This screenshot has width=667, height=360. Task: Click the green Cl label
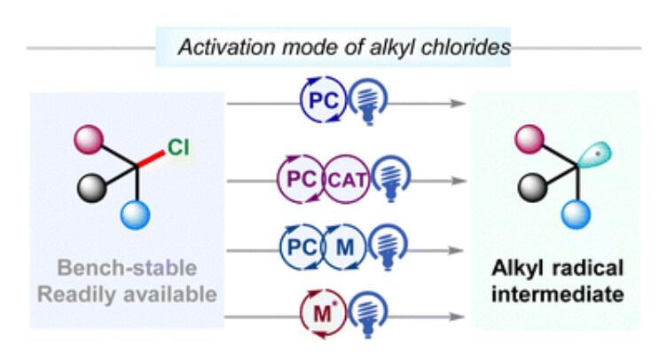(x=178, y=148)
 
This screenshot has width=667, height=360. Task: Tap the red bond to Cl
(x=151, y=158)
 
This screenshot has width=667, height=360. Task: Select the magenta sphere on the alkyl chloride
(x=89, y=139)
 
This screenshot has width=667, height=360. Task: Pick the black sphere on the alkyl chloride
(x=92, y=188)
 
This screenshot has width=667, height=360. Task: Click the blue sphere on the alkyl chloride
(x=136, y=215)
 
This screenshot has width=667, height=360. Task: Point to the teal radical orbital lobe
(x=594, y=155)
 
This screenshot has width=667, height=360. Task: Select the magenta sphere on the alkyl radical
(x=530, y=139)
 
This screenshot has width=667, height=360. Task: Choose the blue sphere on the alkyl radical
(x=576, y=215)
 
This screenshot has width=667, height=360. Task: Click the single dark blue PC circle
(x=323, y=100)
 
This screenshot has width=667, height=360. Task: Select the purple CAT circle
(x=347, y=179)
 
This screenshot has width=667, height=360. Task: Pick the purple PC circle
(x=302, y=179)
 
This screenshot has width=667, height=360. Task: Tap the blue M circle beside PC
(x=344, y=247)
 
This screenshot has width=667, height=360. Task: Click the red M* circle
(x=323, y=314)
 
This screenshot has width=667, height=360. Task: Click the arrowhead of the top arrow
(x=459, y=103)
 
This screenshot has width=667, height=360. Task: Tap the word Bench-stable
(x=127, y=268)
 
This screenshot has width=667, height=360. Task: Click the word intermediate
(x=558, y=294)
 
